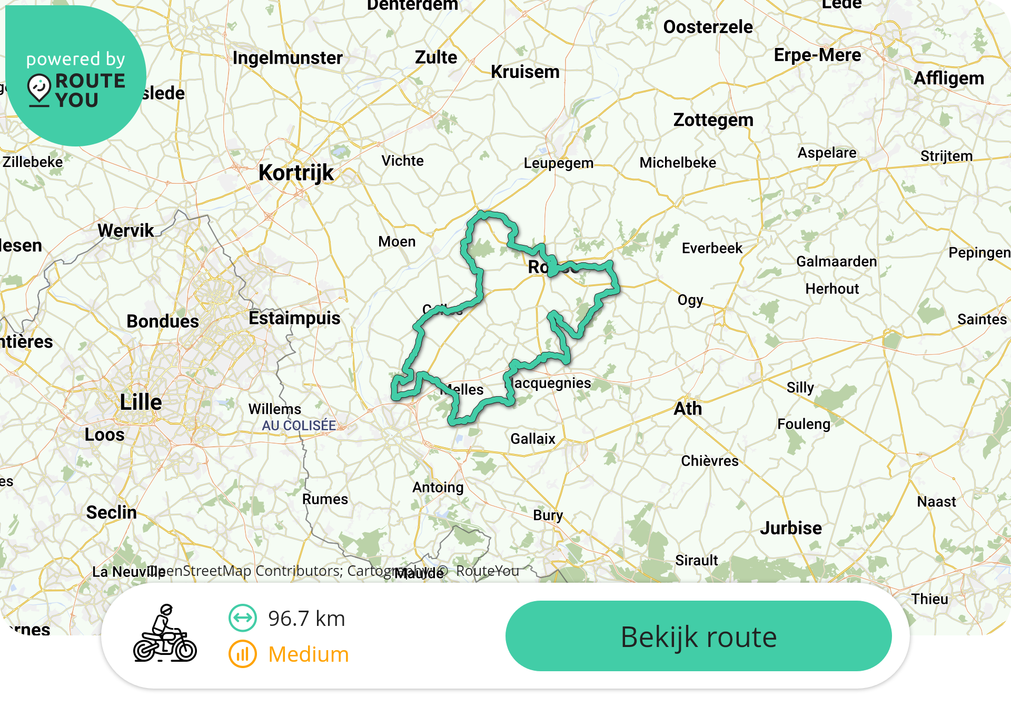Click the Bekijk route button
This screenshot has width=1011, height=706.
698,636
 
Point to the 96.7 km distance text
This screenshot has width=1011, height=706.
306,619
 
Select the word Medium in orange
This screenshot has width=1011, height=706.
309,654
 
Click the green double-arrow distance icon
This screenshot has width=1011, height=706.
242,618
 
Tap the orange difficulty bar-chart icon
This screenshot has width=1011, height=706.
242,654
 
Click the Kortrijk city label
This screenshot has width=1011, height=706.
296,173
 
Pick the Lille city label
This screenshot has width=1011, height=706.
141,402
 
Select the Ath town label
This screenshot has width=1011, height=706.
688,408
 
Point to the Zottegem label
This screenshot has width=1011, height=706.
713,120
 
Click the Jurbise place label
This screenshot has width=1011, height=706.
790,528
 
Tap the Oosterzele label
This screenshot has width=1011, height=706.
708,27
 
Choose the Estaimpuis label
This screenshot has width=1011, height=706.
294,318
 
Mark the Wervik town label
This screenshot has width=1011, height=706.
125,230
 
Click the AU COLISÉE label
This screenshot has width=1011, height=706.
299,425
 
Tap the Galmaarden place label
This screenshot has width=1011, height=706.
836,261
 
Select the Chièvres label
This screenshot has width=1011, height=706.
710,461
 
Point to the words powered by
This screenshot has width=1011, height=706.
76,59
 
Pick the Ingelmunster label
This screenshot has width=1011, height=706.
288,57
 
